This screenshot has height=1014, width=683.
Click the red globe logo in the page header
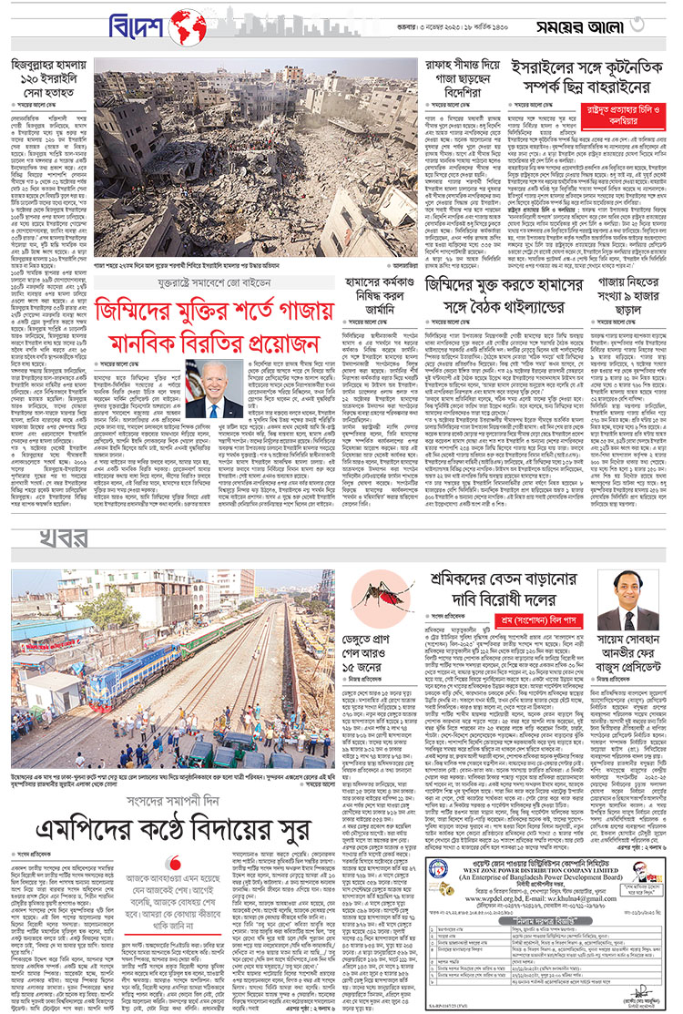(187, 27)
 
